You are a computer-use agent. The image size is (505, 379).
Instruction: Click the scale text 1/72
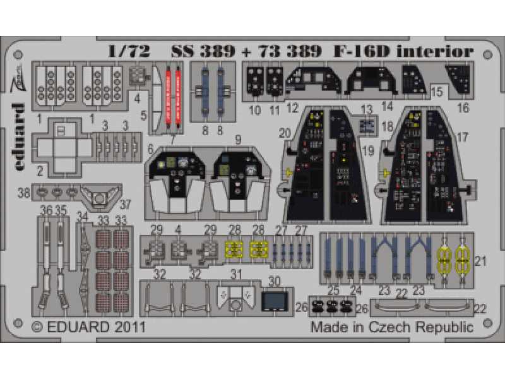[129, 51]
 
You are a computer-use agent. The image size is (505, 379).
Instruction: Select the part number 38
[24, 194]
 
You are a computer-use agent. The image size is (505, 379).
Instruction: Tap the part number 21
[480, 261]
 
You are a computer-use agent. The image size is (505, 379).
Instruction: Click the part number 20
[285, 133]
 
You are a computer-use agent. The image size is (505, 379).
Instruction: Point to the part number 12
[292, 108]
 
